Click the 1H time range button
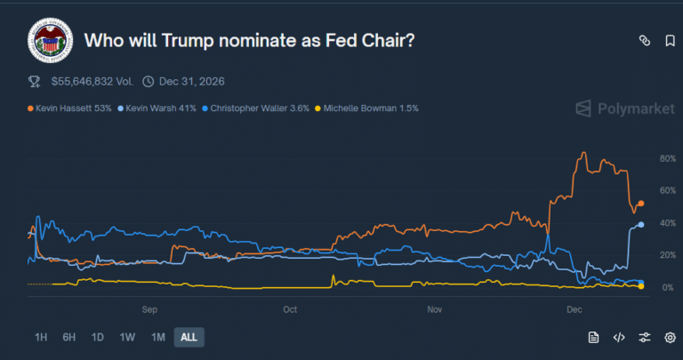click(41, 337)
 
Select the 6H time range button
click(69, 337)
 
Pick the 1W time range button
click(127, 337)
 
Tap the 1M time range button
click(158, 337)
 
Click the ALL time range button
click(189, 337)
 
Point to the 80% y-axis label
click(667, 159)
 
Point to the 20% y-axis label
click(667, 255)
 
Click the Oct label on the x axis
click(290, 309)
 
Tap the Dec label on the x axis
click(575, 309)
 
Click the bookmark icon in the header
click(670, 41)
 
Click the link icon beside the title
click(645, 41)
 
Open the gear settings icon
click(670, 337)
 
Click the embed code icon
click(619, 337)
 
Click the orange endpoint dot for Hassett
click(641, 204)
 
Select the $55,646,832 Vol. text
click(92, 82)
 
